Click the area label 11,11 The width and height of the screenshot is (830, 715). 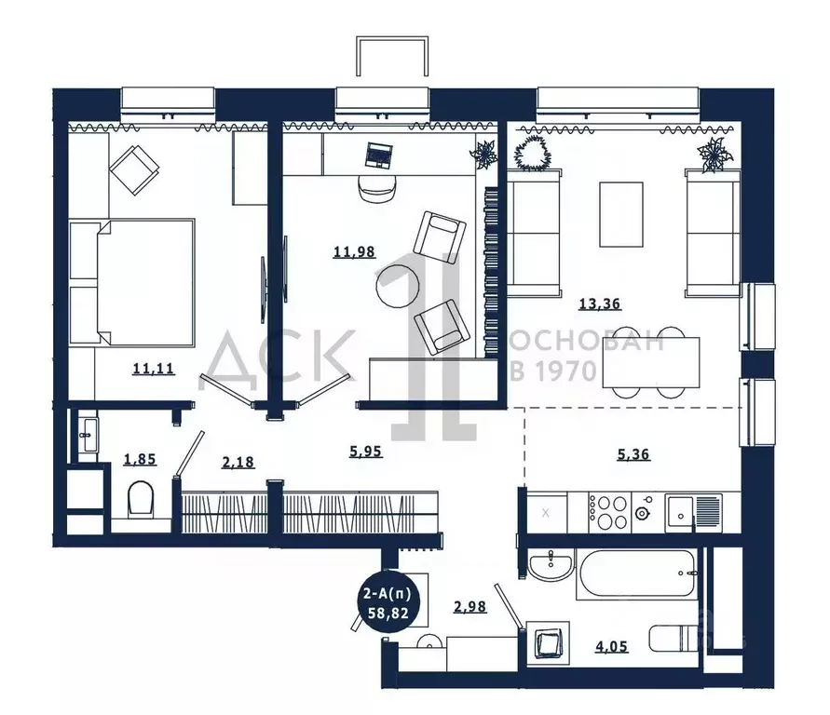click(154, 368)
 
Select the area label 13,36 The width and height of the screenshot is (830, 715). click(600, 304)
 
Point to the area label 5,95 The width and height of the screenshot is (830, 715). click(366, 452)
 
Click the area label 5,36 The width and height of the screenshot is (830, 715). click(633, 454)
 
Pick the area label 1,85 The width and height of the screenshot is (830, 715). click(140, 459)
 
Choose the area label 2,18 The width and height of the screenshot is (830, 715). click(238, 462)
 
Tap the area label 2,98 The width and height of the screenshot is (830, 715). click(470, 607)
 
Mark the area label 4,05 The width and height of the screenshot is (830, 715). click(611, 646)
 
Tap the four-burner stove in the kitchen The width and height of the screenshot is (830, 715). click(607, 511)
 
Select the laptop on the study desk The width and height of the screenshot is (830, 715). click(379, 155)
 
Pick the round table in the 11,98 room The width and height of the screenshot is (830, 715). click(398, 286)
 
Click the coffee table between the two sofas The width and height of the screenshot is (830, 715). click(621, 214)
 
